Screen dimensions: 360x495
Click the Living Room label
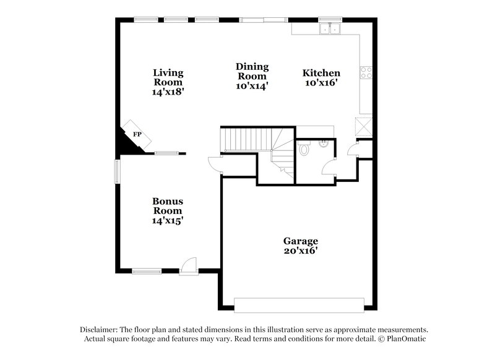pyautogui.click(x=168, y=77)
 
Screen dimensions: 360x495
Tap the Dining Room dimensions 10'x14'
pyautogui.click(x=252, y=87)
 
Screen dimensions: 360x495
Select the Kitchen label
pyautogui.click(x=321, y=73)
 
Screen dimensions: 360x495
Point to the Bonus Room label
pyautogui.click(x=168, y=205)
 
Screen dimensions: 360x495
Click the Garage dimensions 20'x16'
pyautogui.click(x=301, y=251)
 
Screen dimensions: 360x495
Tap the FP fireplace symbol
pyautogui.click(x=137, y=134)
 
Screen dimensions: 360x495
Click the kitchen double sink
pyautogui.click(x=330, y=28)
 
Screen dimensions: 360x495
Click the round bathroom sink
pyautogui.click(x=323, y=144)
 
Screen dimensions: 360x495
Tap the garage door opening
pyautogui.click(x=299, y=305)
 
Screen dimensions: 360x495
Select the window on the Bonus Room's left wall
pyautogui.click(x=116, y=172)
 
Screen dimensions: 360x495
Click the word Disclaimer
pyautogui.click(x=101, y=330)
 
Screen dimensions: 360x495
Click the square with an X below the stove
pyautogui.click(x=364, y=127)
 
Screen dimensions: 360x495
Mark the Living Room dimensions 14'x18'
pyautogui.click(x=168, y=92)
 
